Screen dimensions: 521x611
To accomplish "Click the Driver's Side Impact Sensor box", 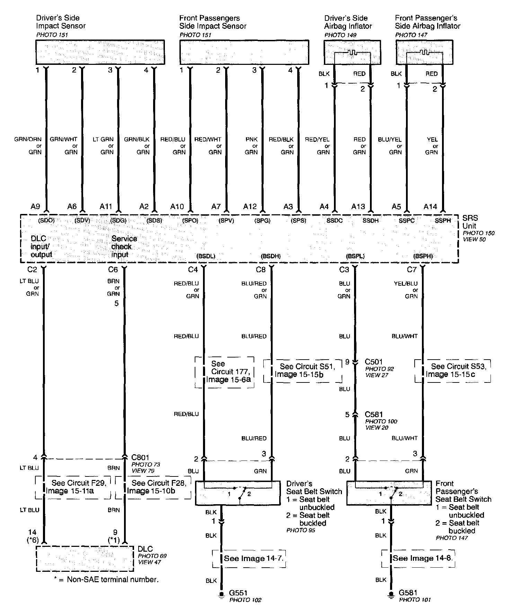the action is (100, 52).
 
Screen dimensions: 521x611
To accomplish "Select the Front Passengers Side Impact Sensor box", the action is (244, 52).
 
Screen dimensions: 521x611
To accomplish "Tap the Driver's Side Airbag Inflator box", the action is (352, 52).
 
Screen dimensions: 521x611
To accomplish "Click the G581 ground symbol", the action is (391, 596).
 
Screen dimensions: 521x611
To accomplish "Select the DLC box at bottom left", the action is (85, 559).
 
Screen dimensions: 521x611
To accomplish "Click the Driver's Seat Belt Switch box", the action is (238, 493).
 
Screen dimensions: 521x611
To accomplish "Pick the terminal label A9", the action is (35, 207).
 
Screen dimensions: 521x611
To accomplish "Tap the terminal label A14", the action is (430, 207).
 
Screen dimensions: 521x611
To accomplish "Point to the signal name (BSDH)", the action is (271, 256).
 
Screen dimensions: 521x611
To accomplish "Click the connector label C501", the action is (374, 362).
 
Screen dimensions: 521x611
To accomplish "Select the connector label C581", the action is (374, 414).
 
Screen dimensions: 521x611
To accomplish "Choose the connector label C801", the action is (140, 457).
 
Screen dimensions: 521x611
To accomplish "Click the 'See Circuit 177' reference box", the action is (225, 372).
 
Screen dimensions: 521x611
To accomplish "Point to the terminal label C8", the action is (260, 269).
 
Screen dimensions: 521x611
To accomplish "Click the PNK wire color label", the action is (251, 139).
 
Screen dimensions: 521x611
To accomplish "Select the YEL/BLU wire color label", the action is (406, 283).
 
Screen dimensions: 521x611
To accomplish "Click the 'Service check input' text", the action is (124, 247).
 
